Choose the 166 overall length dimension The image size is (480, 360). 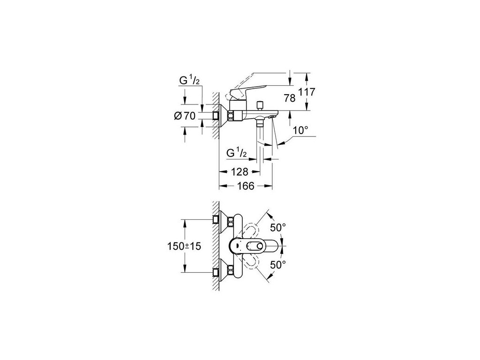point(245,186)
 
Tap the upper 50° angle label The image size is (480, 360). point(278,228)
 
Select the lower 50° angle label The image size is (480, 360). point(278,264)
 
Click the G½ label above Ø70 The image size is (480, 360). point(189,82)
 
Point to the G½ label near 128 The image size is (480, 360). point(236,153)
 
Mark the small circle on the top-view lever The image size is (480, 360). point(259,246)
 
